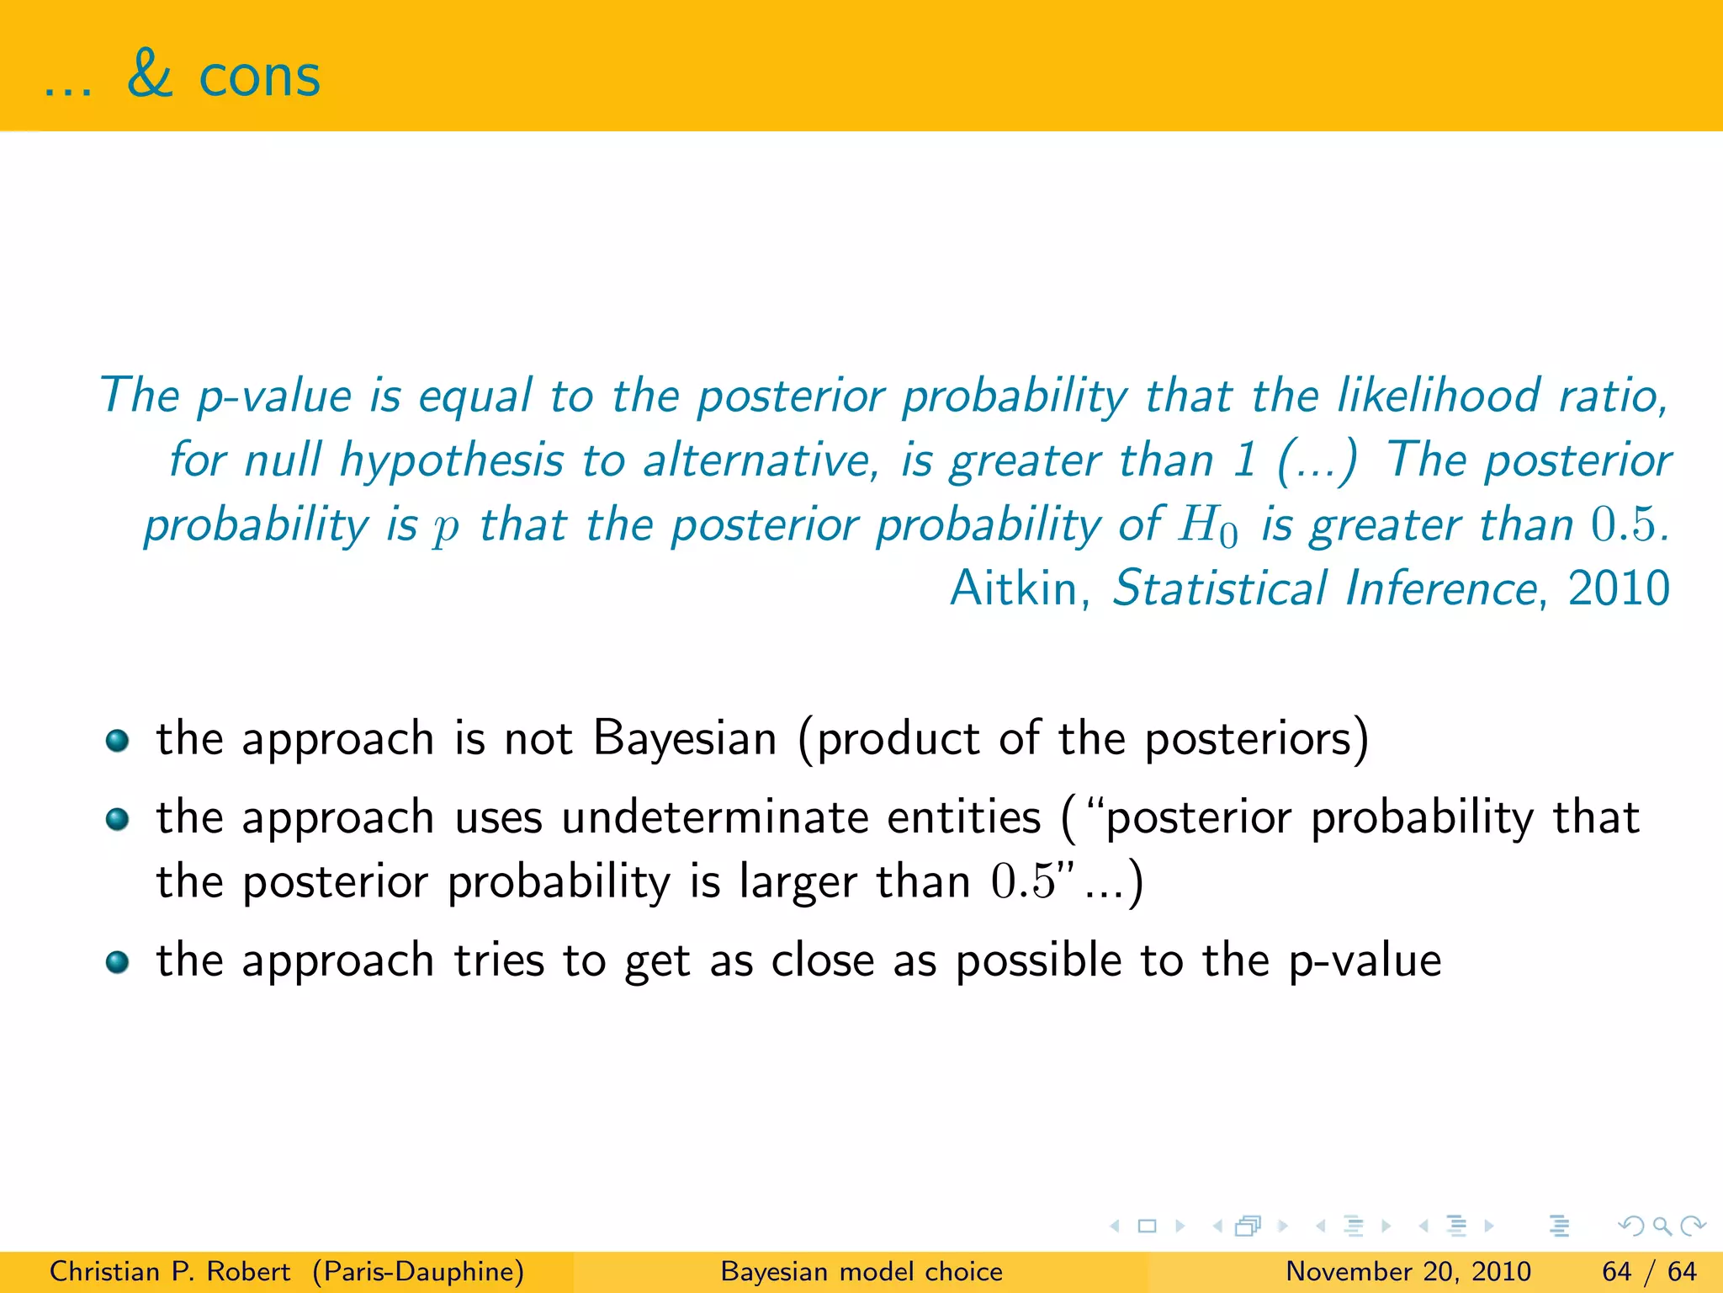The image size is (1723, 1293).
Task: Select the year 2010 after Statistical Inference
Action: [1619, 588]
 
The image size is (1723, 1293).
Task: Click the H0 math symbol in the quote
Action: [1208, 526]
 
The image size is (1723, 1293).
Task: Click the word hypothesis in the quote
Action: [451, 461]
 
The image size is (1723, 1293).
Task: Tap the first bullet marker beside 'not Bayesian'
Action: [118, 741]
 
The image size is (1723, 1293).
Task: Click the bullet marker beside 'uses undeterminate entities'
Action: [118, 819]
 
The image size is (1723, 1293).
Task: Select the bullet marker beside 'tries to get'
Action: [118, 962]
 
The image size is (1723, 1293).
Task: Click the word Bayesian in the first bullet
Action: [685, 738]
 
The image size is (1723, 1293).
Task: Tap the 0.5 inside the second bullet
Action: [1022, 882]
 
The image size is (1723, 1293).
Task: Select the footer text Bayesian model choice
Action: [861, 1271]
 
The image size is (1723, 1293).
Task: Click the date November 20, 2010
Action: [1408, 1271]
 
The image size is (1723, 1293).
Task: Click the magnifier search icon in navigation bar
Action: [1662, 1226]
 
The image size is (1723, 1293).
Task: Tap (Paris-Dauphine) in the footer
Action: [418, 1271]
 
